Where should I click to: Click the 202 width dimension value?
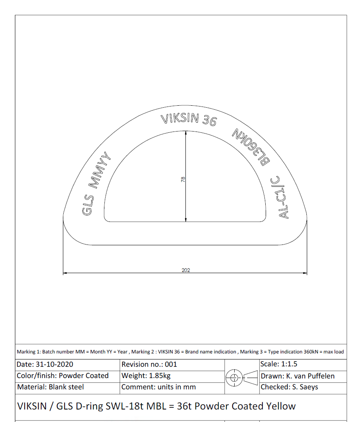point(186,270)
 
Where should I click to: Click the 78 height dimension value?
point(183,180)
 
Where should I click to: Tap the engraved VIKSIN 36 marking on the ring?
point(189,119)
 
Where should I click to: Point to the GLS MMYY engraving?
point(96,184)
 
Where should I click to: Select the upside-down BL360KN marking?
point(251,147)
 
